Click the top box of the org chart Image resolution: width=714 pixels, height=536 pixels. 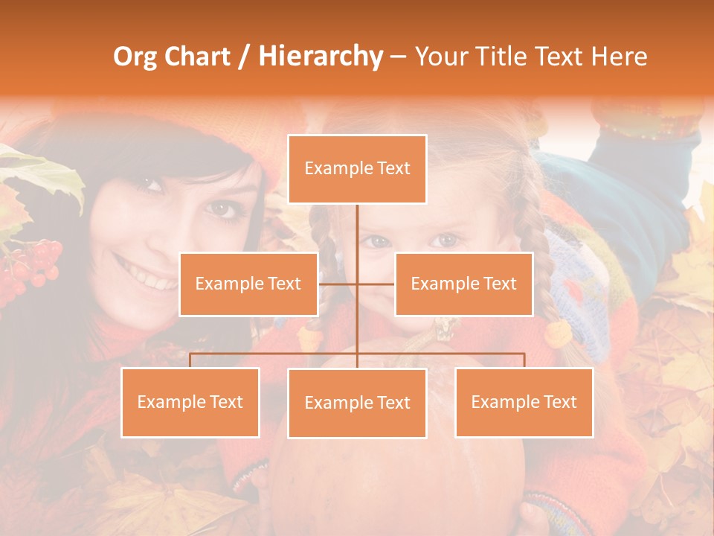pos(357,169)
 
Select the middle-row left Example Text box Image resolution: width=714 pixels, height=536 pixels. pos(248,284)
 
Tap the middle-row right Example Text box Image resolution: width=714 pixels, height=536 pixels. pos(463,284)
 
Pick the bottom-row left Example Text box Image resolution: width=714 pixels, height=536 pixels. pos(190,402)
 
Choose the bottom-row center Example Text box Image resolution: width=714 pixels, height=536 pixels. pos(357,403)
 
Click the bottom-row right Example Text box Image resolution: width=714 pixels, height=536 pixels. pos(524,402)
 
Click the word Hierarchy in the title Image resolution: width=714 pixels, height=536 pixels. pos(320,57)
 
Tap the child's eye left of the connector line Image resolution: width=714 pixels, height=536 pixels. pos(378,241)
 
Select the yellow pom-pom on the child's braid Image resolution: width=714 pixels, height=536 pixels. pos(558,334)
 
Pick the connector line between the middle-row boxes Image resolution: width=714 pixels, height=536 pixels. pos(357,284)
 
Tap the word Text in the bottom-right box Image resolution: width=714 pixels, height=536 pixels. pos(559,402)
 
